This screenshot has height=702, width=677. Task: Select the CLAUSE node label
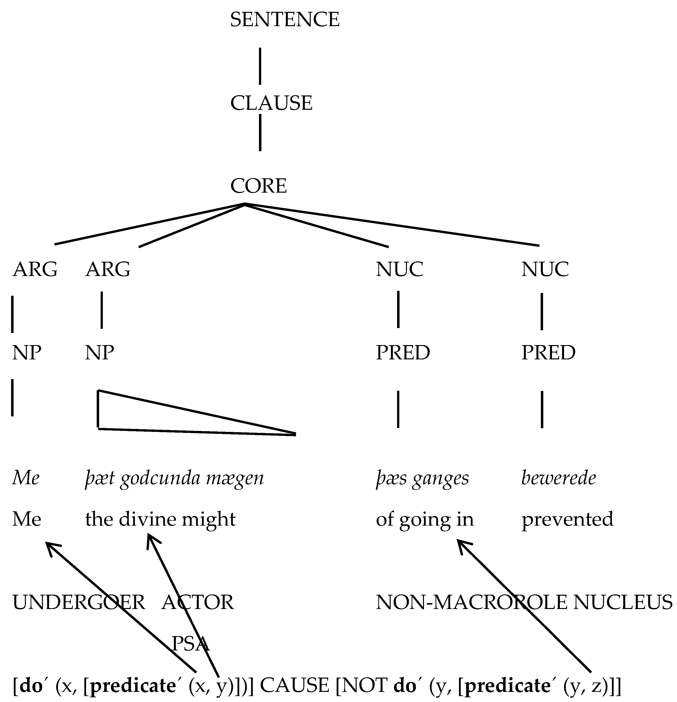(x=271, y=103)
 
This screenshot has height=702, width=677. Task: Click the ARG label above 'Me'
(x=35, y=269)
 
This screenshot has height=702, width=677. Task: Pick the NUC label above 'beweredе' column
(x=545, y=269)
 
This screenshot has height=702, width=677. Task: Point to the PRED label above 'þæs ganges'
(x=403, y=353)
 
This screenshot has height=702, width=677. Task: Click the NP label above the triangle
(x=100, y=353)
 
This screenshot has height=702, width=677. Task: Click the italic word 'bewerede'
(x=558, y=478)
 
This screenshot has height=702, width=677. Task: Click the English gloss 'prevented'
(x=567, y=519)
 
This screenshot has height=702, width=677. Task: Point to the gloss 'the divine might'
(x=160, y=519)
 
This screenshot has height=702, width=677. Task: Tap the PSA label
(x=191, y=644)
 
